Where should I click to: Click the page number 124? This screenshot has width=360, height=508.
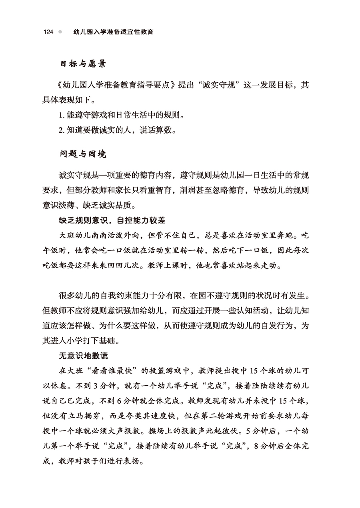click(48, 32)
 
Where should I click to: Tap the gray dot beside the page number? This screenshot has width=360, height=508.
click(60, 32)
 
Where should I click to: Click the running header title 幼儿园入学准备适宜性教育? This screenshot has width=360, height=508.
click(114, 32)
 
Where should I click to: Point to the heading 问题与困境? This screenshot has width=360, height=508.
click(83, 154)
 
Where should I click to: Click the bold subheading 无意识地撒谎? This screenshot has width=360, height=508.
click(83, 355)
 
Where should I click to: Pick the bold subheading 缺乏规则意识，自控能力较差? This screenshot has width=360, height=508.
click(112, 220)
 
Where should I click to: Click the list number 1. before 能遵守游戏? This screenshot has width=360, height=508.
click(62, 116)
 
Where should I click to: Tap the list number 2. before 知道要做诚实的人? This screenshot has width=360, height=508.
click(62, 130)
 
